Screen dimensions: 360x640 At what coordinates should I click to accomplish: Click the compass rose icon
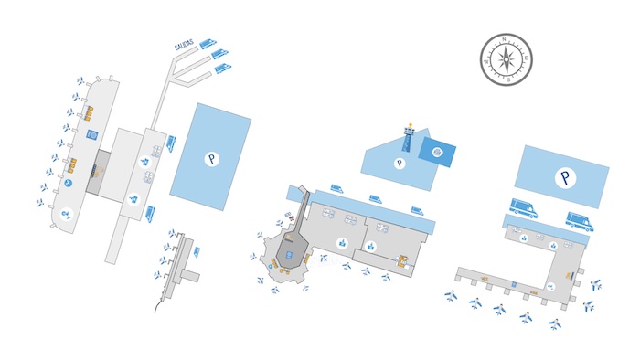(x=506, y=60)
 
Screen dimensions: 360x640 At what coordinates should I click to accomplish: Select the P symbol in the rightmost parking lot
(x=566, y=178)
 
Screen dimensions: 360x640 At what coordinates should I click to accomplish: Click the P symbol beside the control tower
(x=399, y=164)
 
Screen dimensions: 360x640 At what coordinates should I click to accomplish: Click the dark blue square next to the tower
(x=437, y=153)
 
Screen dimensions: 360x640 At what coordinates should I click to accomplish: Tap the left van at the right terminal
(x=522, y=209)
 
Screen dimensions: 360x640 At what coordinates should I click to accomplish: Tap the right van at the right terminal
(x=580, y=221)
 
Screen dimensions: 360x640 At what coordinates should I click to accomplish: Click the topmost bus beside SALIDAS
(x=208, y=42)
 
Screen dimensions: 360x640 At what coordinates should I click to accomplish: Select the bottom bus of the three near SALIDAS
(x=220, y=67)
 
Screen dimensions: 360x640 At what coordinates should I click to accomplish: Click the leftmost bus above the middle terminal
(x=336, y=189)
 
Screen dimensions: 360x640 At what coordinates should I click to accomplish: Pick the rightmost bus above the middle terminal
(x=417, y=211)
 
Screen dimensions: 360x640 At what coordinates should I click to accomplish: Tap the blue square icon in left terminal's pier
(x=91, y=134)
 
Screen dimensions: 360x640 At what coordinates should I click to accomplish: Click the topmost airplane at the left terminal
(x=80, y=80)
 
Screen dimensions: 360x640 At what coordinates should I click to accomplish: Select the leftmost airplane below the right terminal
(x=450, y=295)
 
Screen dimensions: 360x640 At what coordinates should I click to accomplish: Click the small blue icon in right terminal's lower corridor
(x=514, y=285)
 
